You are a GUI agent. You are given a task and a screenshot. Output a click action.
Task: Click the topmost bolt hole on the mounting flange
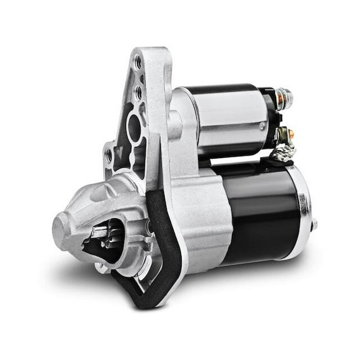click(138, 61)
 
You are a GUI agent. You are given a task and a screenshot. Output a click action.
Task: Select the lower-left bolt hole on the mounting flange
click(109, 154)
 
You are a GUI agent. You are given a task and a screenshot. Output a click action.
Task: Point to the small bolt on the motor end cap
click(314, 223)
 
